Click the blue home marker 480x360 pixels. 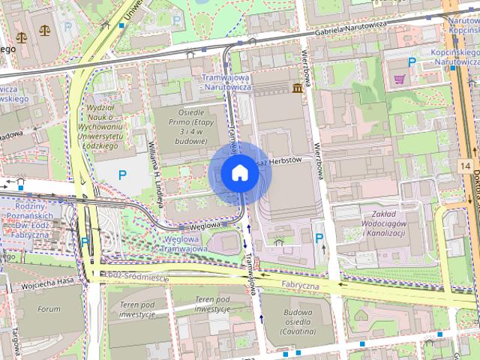238,173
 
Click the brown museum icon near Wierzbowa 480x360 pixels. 299,89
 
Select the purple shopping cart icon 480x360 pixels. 399,78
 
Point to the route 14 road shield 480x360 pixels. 466,165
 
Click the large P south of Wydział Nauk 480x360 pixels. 122,175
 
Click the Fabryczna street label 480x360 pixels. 301,285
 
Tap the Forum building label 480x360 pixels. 49,309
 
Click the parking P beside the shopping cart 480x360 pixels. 411,62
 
